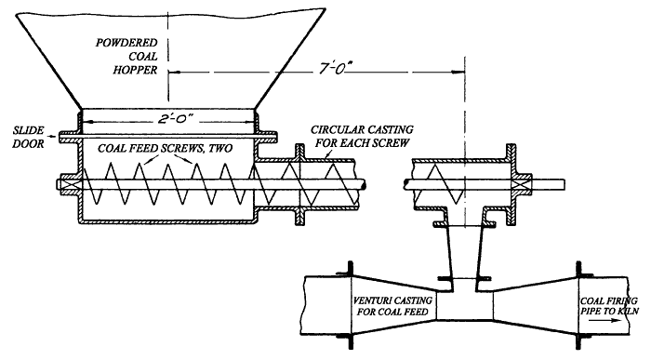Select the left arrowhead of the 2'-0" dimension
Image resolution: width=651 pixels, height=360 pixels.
84,119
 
